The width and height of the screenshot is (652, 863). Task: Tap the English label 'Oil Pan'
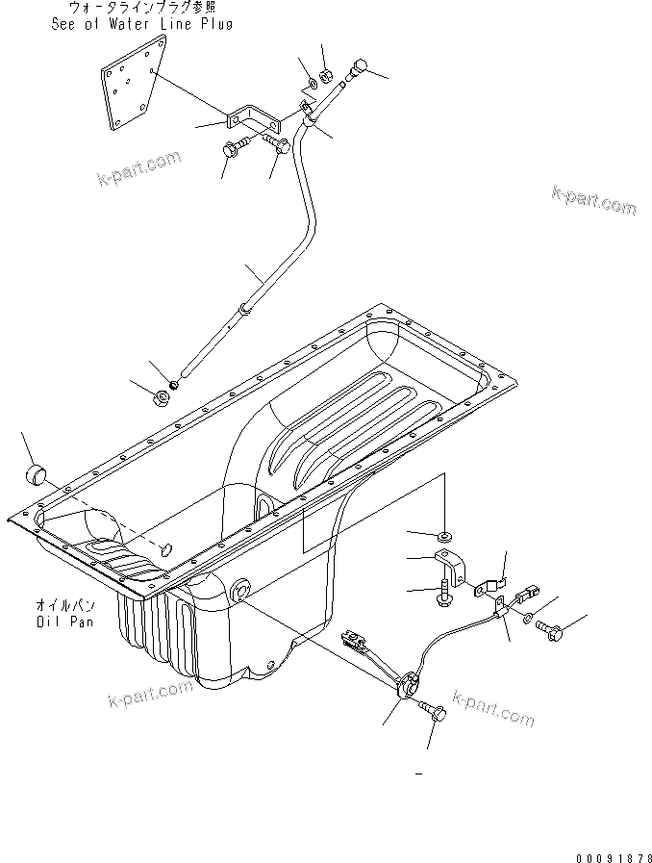[x=60, y=621]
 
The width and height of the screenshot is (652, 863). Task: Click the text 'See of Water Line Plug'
[x=142, y=24]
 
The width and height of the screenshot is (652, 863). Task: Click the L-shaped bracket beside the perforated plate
[x=252, y=120]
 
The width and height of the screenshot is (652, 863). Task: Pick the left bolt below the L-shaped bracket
[x=234, y=149]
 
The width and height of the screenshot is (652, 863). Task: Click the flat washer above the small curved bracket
[x=446, y=534]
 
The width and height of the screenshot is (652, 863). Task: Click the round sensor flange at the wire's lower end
[x=410, y=684]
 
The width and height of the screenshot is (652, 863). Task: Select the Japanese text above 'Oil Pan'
[x=60, y=606]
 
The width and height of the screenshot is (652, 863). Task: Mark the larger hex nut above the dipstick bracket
[x=326, y=73]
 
